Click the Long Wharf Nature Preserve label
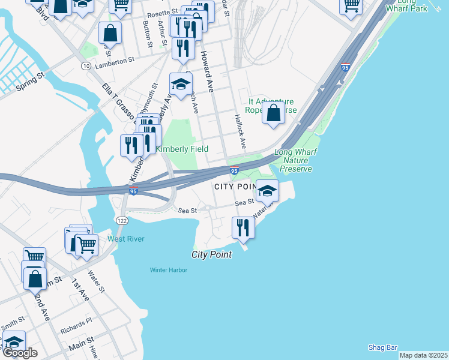click(x=294, y=161)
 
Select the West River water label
click(x=126, y=239)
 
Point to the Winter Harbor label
click(x=169, y=270)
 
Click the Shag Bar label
click(x=383, y=347)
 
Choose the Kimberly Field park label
click(x=182, y=149)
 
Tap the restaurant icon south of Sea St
click(x=243, y=227)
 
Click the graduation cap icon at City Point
click(x=267, y=191)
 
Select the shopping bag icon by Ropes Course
click(x=273, y=113)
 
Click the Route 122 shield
click(x=122, y=221)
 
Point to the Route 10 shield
click(x=86, y=65)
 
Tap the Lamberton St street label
click(x=113, y=61)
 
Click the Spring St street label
click(x=31, y=82)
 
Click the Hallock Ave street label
click(x=241, y=132)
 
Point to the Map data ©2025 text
click(x=423, y=355)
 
